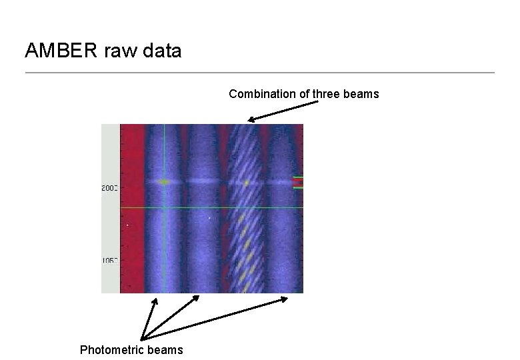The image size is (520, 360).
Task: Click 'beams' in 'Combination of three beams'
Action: (x=361, y=94)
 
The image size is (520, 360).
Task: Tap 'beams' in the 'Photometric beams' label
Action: (x=165, y=350)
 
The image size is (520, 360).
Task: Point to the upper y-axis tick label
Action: (x=109, y=189)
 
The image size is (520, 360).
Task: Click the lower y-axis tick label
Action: (x=109, y=261)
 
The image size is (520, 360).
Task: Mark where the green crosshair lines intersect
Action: (x=164, y=207)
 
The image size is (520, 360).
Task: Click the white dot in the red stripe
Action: (x=127, y=225)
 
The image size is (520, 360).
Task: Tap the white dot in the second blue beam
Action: (x=209, y=217)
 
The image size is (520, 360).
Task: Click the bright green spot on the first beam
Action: (x=165, y=181)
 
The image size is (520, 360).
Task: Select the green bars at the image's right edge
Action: (x=298, y=183)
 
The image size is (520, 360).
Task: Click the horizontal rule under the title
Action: (x=260, y=72)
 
